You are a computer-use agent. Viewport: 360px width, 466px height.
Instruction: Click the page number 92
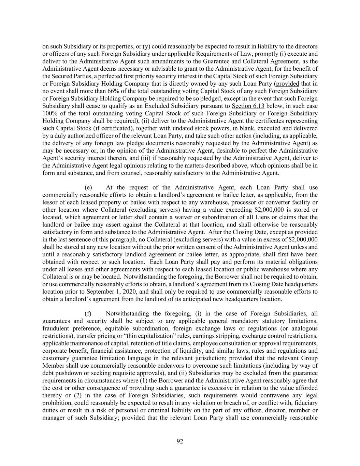(180, 441)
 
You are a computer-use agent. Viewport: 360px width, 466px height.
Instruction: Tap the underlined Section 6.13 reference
(248, 106)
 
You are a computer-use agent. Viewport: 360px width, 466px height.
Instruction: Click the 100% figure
(49, 113)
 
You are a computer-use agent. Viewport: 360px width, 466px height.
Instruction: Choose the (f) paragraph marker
(88, 313)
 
